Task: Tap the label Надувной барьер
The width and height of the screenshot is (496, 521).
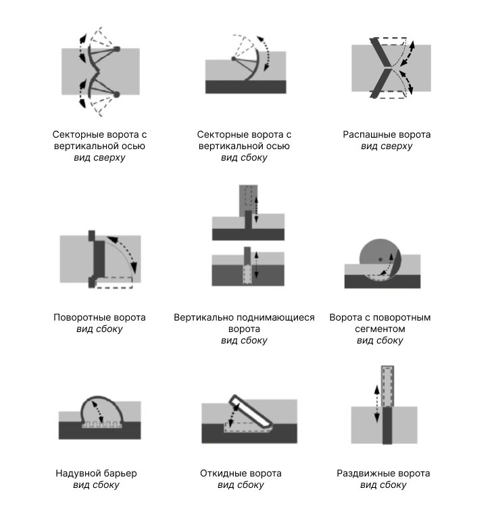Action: tap(96, 473)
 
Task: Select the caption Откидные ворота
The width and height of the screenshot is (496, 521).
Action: tap(241, 473)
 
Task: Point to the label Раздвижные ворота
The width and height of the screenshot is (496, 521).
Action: tap(383, 473)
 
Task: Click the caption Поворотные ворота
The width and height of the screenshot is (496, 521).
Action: tap(99, 317)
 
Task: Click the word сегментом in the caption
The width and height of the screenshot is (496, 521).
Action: tap(380, 329)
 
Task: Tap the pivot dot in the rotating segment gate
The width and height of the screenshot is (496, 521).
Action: tap(380, 259)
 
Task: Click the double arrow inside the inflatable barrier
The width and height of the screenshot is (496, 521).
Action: tap(97, 412)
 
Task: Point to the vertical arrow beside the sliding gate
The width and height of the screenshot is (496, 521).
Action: tap(376, 404)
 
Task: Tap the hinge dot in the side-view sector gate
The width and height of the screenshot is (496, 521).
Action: tap(234, 59)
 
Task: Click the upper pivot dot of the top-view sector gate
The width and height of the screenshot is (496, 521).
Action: tap(117, 49)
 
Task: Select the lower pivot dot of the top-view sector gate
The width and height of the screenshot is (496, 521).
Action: tap(116, 94)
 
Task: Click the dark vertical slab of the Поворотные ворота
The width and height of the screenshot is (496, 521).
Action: tap(99, 259)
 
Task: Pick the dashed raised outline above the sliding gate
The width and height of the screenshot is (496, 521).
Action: tap(388, 386)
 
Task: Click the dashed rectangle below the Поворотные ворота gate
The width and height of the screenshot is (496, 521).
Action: tap(114, 283)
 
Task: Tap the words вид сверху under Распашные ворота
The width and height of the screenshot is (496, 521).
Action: tap(387, 146)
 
